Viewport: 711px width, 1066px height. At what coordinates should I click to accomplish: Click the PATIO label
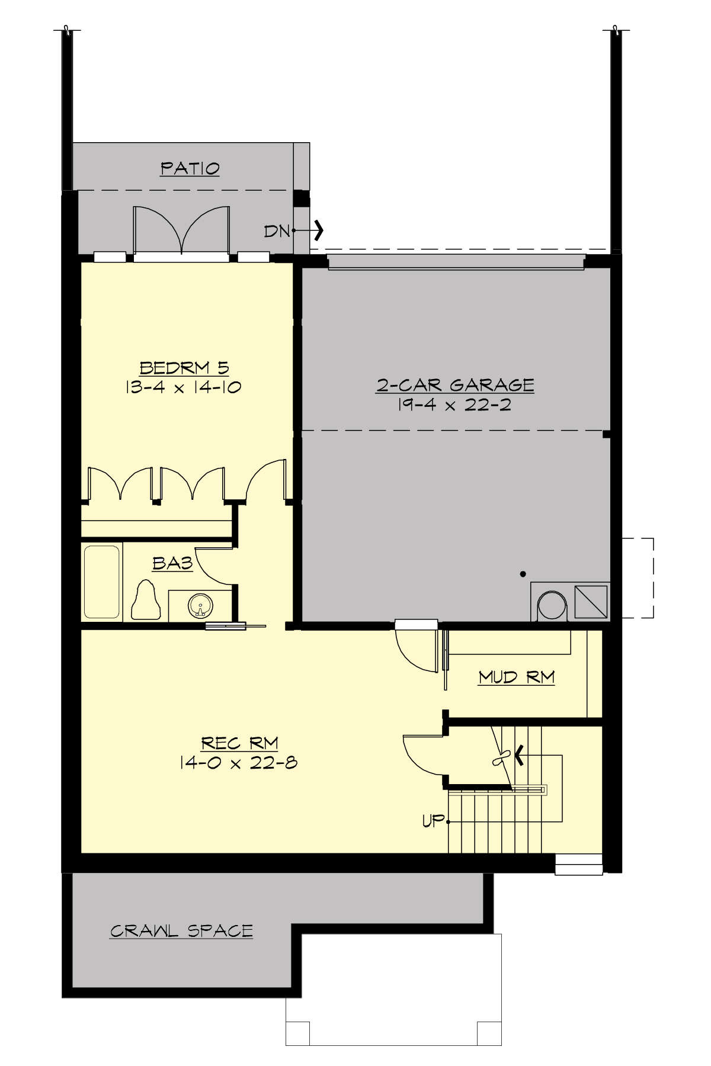[x=190, y=169]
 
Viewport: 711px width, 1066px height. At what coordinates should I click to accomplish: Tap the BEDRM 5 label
[x=184, y=368]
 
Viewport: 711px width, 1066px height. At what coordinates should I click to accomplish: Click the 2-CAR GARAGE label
[x=455, y=386]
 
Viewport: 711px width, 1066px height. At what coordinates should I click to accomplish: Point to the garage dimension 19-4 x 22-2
[x=455, y=405]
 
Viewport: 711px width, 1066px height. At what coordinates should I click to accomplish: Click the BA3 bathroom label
[x=172, y=563]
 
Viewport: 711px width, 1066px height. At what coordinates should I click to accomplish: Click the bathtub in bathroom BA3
[x=102, y=581]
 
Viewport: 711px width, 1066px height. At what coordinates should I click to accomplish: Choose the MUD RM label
[x=516, y=677]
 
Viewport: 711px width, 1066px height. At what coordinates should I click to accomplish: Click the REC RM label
[x=239, y=743]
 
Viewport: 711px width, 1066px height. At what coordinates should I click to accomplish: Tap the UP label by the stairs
[x=433, y=821]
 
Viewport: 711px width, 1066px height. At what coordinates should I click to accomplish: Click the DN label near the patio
[x=277, y=231]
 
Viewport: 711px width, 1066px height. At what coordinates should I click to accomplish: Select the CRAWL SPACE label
[x=181, y=931]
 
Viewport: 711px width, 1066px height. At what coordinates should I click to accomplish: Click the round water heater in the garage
[x=552, y=606]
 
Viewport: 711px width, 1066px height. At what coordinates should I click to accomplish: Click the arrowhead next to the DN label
[x=319, y=230]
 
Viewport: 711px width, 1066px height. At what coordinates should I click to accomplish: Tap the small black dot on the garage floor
[x=523, y=573]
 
